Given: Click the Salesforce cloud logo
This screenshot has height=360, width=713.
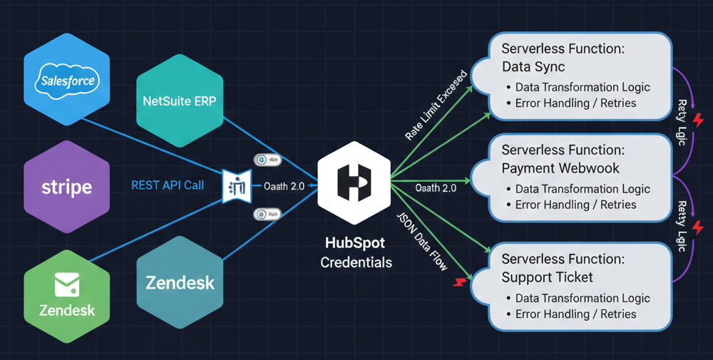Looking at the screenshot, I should coord(68,80).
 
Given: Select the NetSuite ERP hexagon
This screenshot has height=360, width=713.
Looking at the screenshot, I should coord(179,101).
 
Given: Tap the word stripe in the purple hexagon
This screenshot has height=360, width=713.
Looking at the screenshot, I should coord(66,187).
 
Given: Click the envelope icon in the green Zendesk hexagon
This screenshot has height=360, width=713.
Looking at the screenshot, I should coord(66,286).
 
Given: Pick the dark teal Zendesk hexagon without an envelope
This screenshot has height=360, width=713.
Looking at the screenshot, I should coord(180,282).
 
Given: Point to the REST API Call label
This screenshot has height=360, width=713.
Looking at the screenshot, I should coord(168,185).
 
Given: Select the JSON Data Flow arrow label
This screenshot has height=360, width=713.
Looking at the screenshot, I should coord(423,240).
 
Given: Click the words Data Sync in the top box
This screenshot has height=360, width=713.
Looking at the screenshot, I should coord(533,67).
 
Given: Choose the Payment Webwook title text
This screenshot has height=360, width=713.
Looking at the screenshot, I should coord(560,169).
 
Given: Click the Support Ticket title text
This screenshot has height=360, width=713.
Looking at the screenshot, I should coord(547,277).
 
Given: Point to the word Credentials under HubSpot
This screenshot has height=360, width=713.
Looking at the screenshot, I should coord(356,262).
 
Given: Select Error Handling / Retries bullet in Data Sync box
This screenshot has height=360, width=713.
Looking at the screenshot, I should coord(575,103).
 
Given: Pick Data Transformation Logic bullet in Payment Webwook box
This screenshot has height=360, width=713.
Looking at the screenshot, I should coord(583,189).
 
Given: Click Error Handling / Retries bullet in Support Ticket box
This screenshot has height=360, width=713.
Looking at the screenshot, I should coord(575,314).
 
